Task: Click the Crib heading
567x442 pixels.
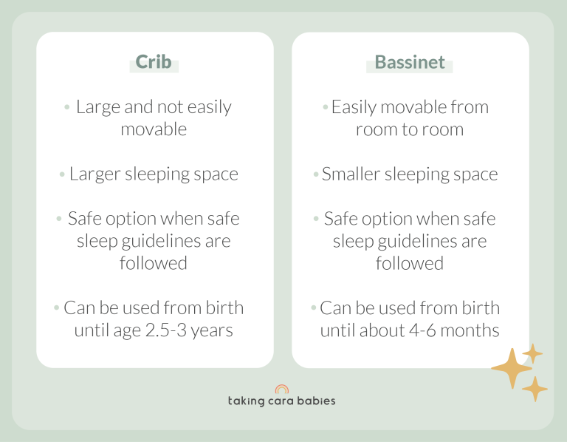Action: pyautogui.click(x=154, y=61)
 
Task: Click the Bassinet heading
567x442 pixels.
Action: pyautogui.click(x=410, y=61)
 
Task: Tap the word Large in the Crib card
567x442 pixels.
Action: pyautogui.click(x=99, y=107)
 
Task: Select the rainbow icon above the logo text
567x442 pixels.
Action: pyautogui.click(x=281, y=389)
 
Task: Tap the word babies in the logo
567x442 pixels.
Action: pyautogui.click(x=317, y=401)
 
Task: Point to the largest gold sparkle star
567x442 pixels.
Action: pyautogui.click(x=510, y=367)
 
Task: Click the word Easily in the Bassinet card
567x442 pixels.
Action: pyautogui.click(x=356, y=107)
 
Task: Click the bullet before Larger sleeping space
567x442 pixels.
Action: pyautogui.click(x=62, y=175)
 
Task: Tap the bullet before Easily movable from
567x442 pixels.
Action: pyautogui.click(x=325, y=108)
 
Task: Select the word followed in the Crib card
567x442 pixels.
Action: pyautogui.click(x=153, y=263)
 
